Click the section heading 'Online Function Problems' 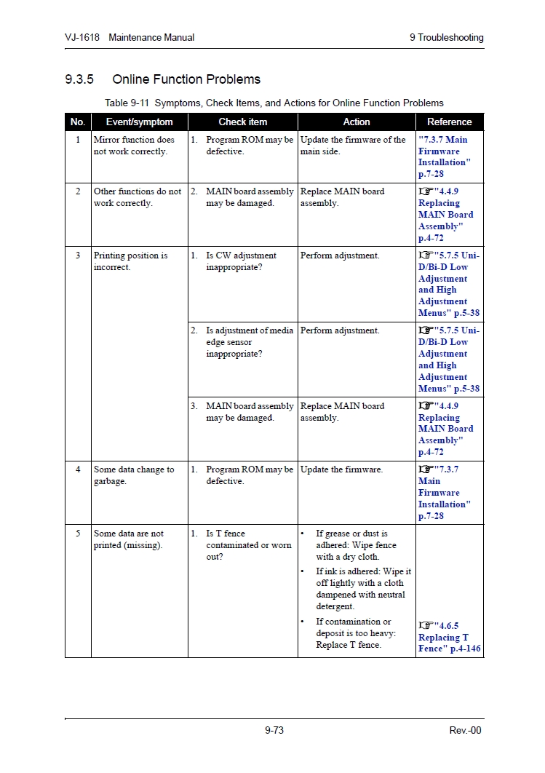pyautogui.click(x=186, y=79)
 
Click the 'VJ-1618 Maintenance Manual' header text pyautogui.click(x=130, y=37)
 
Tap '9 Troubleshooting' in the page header pyautogui.click(x=446, y=37)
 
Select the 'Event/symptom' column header pyautogui.click(x=139, y=122)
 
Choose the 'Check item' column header pyautogui.click(x=242, y=122)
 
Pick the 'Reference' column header pyautogui.click(x=449, y=122)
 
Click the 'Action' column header pyautogui.click(x=357, y=122)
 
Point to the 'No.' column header pyautogui.click(x=78, y=122)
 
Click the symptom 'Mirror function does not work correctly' pyautogui.click(x=134, y=146)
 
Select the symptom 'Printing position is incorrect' pyautogui.click(x=130, y=261)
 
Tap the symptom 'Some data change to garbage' pyautogui.click(x=134, y=475)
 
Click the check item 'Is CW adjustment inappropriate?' pyautogui.click(x=241, y=261)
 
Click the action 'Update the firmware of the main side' pyautogui.click(x=353, y=146)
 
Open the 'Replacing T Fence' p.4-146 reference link pyautogui.click(x=449, y=637)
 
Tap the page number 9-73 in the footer pyautogui.click(x=274, y=730)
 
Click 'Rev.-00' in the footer pyautogui.click(x=465, y=730)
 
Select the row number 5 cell pyautogui.click(x=78, y=534)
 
